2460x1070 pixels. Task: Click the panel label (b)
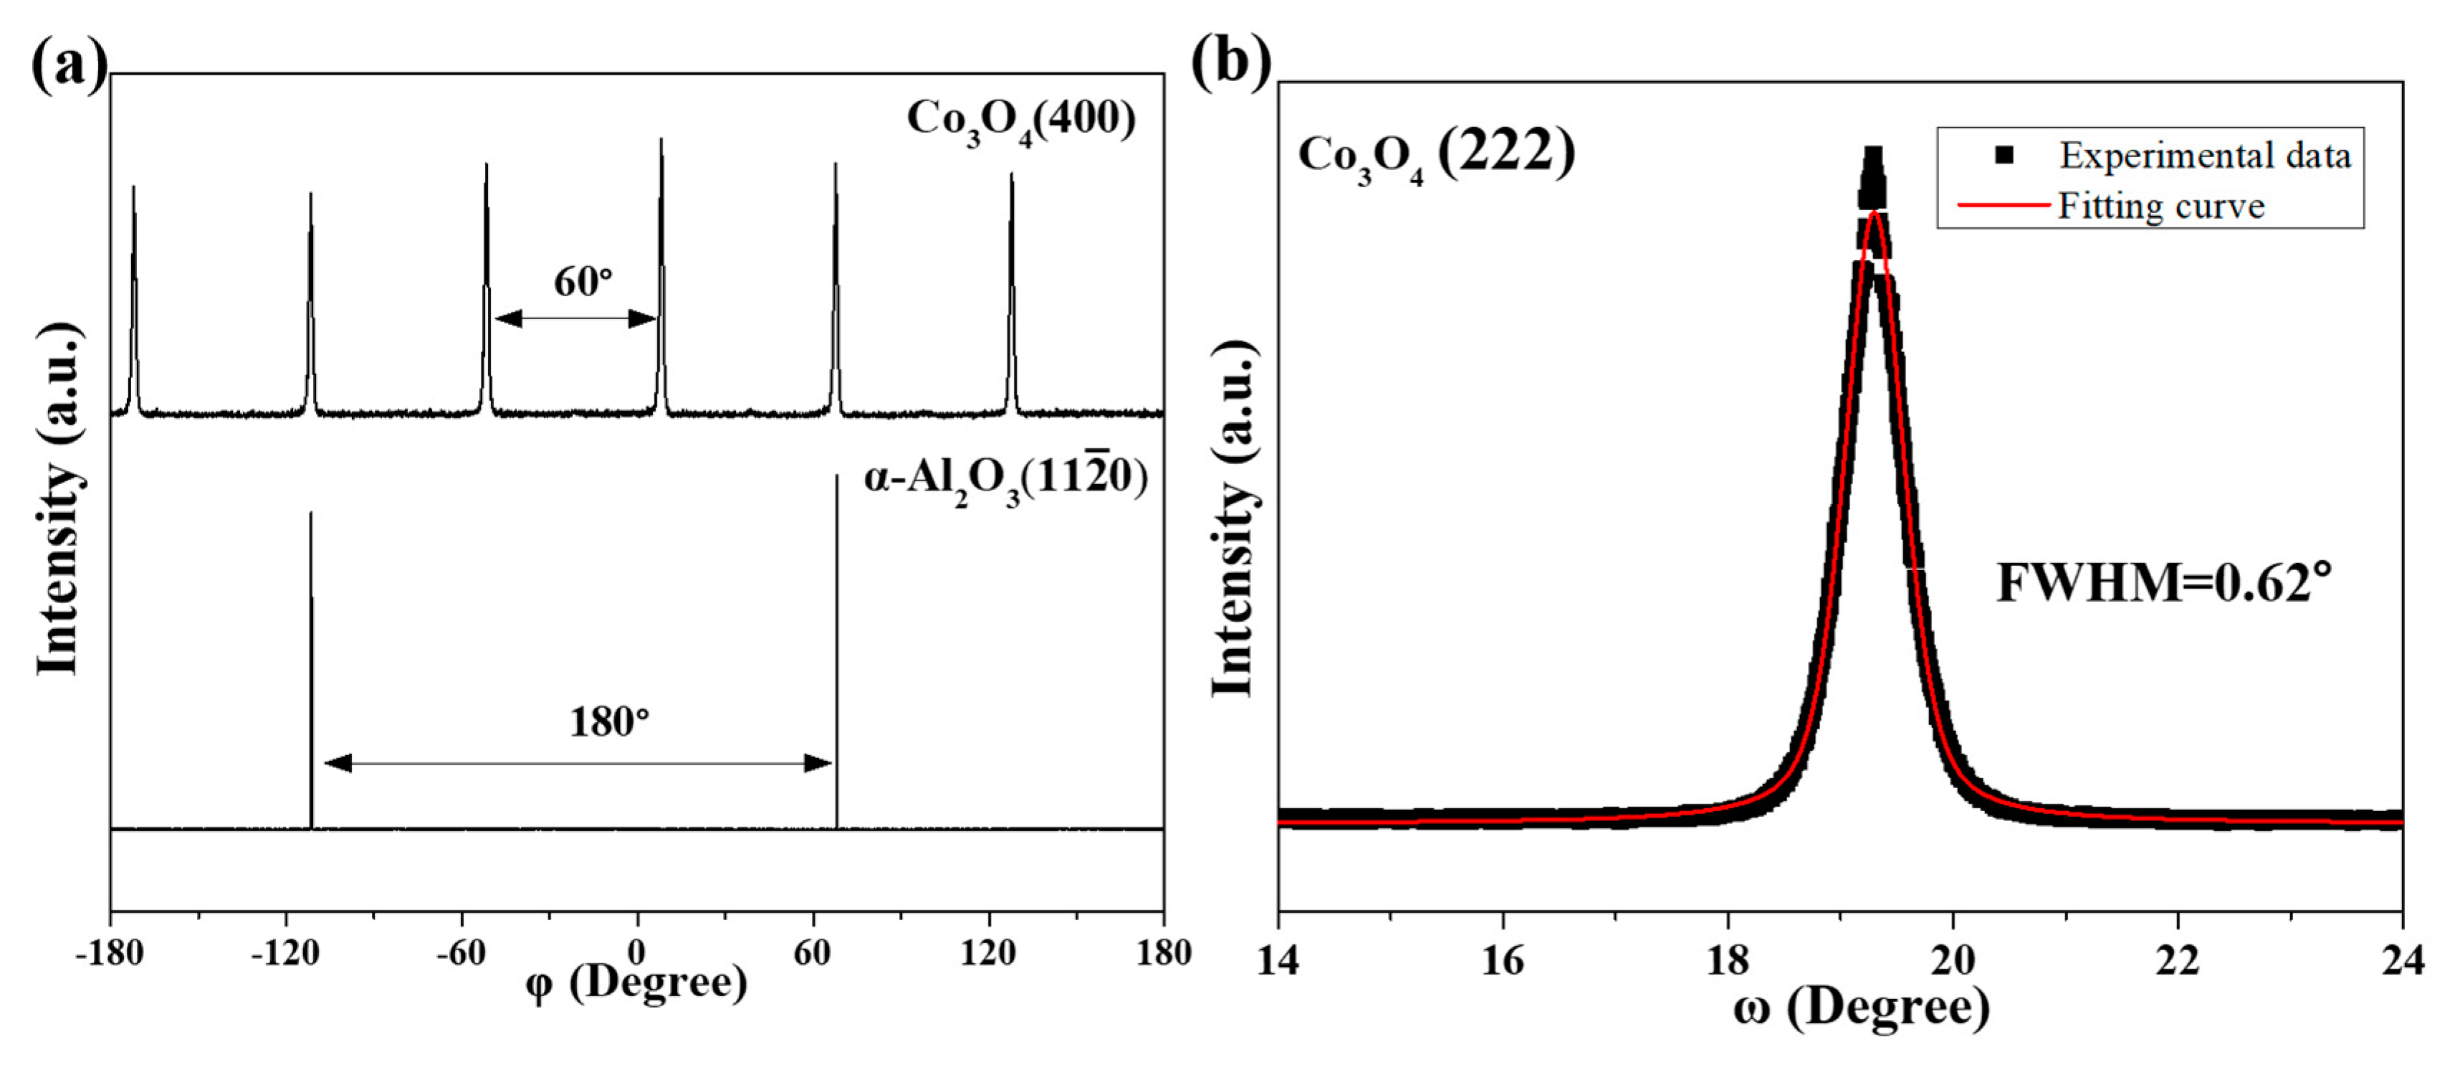click(x=1231, y=63)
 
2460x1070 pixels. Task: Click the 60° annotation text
click(x=583, y=282)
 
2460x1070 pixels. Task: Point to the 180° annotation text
click(x=609, y=722)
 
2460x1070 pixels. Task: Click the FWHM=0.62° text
click(x=2164, y=583)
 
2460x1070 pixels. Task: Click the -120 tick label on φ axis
click(x=284, y=953)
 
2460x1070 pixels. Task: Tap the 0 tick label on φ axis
click(x=637, y=953)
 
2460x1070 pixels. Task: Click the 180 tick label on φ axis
click(x=1163, y=953)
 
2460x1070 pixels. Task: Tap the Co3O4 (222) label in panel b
click(x=1435, y=155)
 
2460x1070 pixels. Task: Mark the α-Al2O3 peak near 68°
click(x=836, y=478)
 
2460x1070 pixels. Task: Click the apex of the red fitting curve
click(x=1875, y=214)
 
